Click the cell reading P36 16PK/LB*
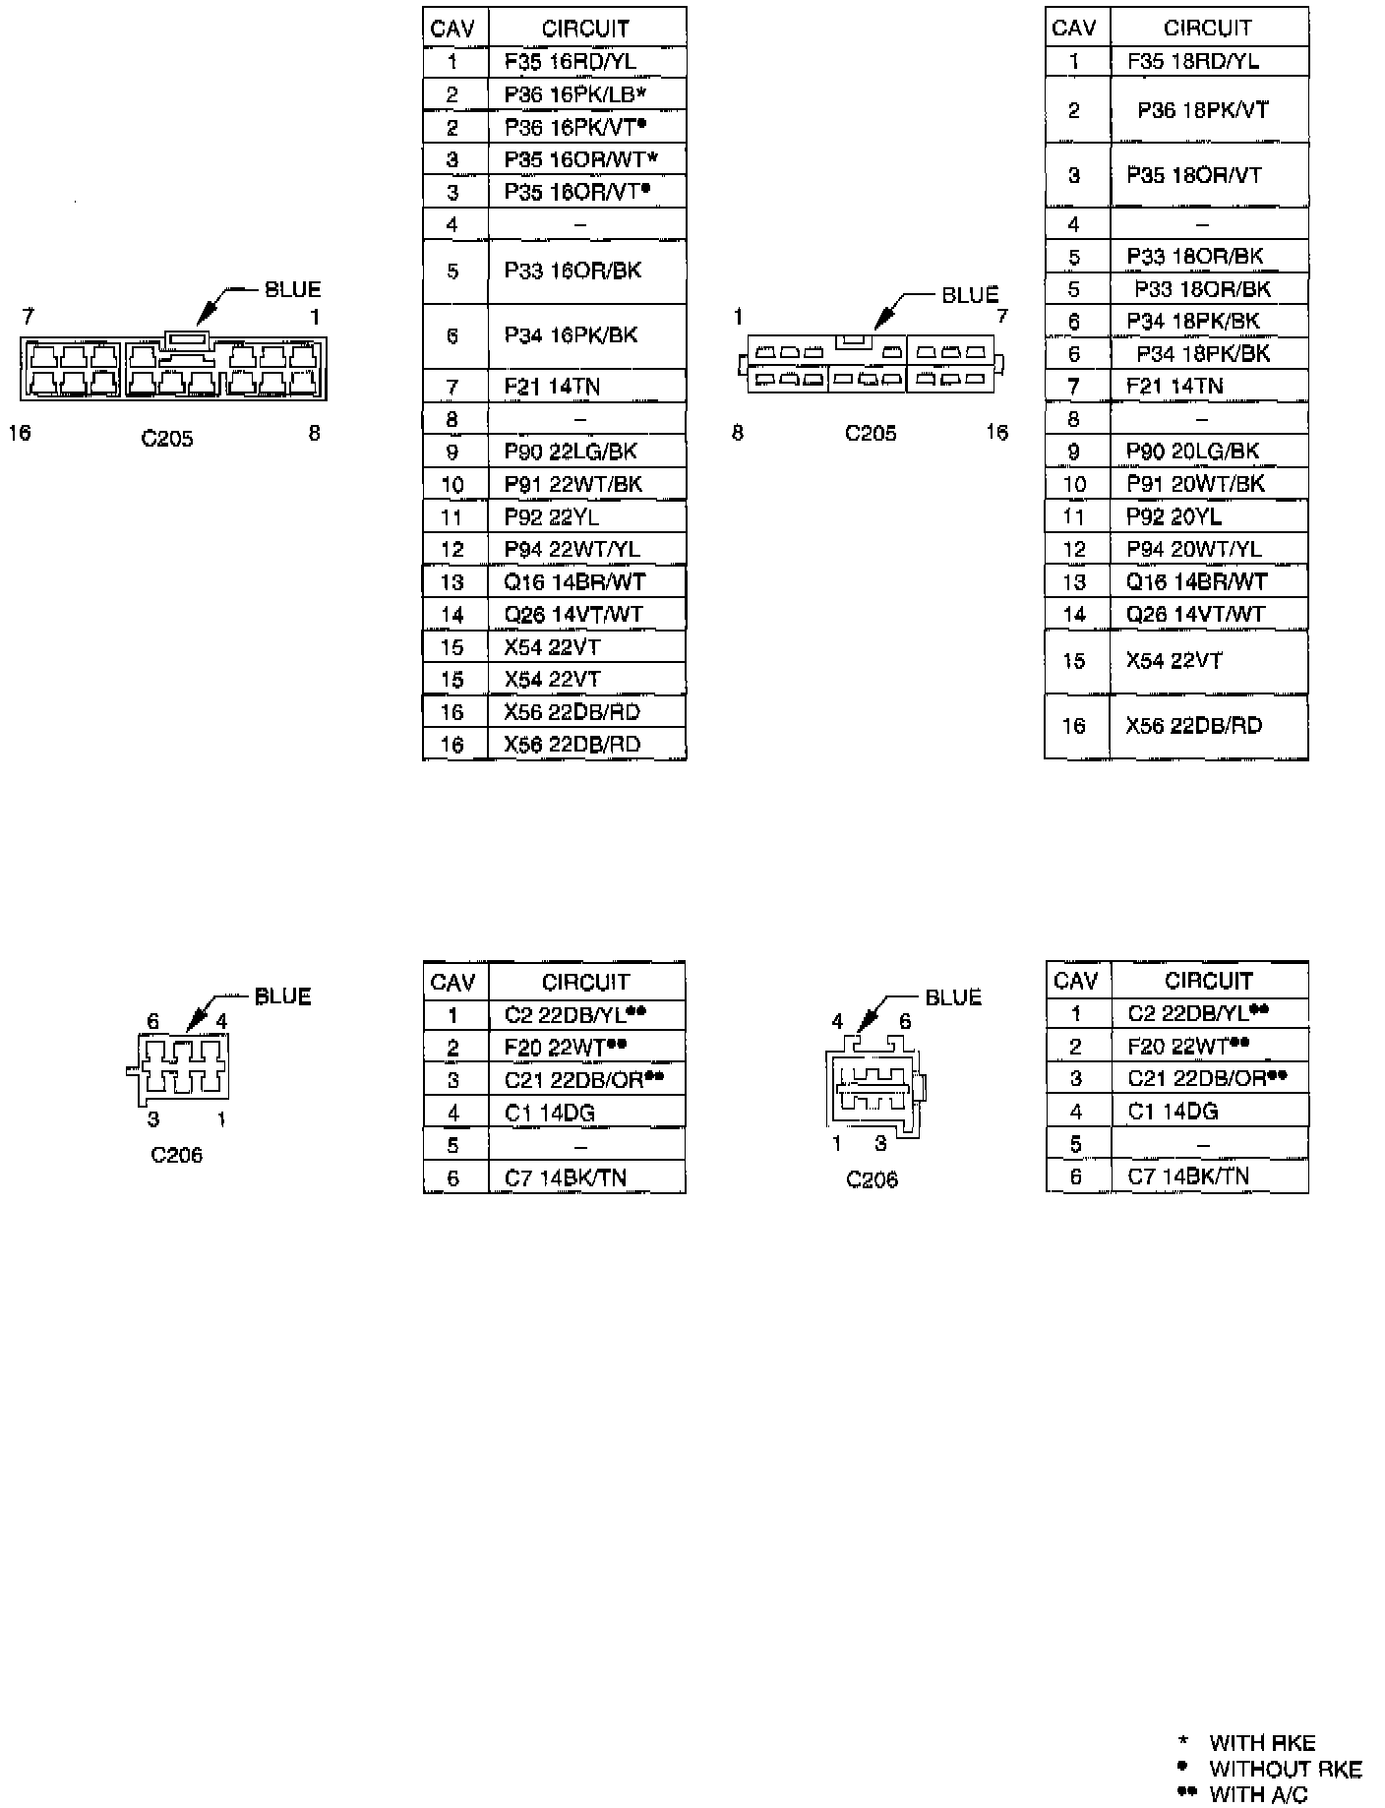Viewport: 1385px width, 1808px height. [574, 94]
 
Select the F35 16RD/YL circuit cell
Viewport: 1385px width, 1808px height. [570, 62]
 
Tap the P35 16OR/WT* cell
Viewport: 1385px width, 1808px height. [580, 159]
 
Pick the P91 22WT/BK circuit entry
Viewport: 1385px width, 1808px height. [572, 484]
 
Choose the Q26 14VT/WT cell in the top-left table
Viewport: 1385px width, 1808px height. [572, 615]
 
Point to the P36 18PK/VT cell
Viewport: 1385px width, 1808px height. [1202, 110]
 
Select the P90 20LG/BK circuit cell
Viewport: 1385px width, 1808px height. [1192, 452]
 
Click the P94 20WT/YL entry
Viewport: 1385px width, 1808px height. [1193, 549]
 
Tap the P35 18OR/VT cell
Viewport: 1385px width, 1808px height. [1193, 175]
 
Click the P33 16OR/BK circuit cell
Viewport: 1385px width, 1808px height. [572, 271]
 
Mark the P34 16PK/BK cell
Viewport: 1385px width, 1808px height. [571, 335]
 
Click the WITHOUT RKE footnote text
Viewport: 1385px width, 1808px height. [1285, 1769]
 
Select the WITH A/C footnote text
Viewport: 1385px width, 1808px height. [1258, 1794]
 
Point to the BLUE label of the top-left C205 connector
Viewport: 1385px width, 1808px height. [292, 289]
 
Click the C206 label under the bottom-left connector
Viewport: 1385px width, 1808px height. [176, 1154]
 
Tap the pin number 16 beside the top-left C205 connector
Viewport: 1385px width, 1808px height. [20, 433]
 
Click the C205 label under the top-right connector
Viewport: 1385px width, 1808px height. [871, 433]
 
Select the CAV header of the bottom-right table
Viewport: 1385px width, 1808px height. [1075, 981]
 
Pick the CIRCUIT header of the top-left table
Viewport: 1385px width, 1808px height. [585, 29]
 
